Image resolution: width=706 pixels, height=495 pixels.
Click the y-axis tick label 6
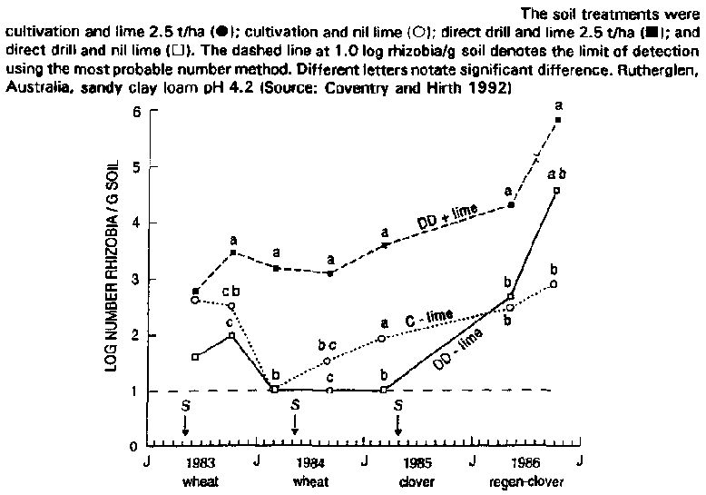[x=136, y=111]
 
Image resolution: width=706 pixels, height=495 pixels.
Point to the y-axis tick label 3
[x=136, y=279]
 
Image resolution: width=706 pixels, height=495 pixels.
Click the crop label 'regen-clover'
[x=526, y=481]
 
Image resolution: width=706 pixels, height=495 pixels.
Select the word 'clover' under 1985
[x=417, y=481]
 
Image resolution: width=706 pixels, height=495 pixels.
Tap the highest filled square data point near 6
[x=557, y=120]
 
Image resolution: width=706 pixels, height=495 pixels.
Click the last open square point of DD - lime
[x=556, y=190]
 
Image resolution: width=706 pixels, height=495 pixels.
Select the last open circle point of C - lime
[x=554, y=284]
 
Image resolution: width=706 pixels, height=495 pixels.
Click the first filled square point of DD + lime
[x=196, y=291]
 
